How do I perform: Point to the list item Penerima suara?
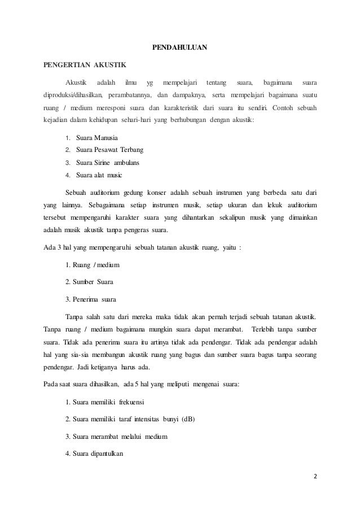point(93,297)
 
